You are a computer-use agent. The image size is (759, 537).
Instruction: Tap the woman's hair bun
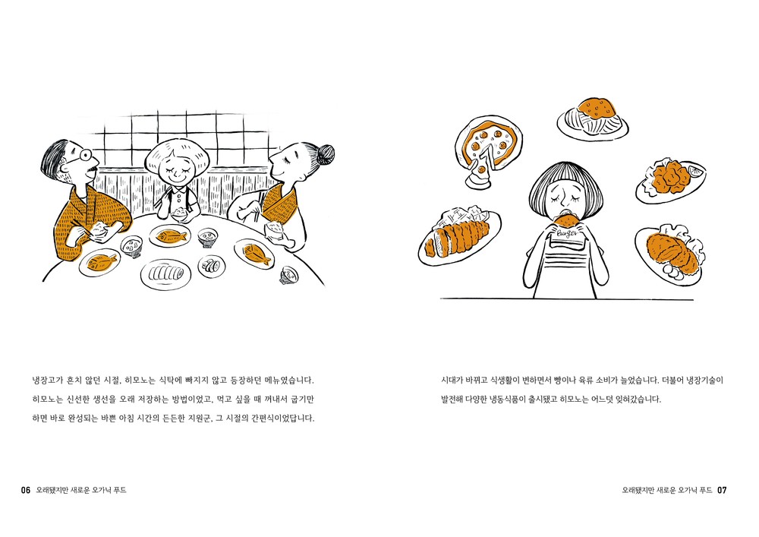[x=325, y=154]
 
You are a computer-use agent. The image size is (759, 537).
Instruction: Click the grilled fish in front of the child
[x=172, y=236]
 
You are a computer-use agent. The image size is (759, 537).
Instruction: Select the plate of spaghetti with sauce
[x=593, y=118]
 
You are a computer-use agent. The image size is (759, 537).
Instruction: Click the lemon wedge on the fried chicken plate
[x=696, y=170]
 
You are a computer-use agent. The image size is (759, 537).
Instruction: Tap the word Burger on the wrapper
[x=567, y=233]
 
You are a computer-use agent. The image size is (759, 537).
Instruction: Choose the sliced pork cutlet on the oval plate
[x=456, y=238]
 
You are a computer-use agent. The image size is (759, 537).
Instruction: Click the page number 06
[x=26, y=490]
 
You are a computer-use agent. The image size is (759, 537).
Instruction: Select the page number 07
[x=722, y=490]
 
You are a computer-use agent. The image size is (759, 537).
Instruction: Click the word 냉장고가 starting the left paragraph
[x=48, y=381]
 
